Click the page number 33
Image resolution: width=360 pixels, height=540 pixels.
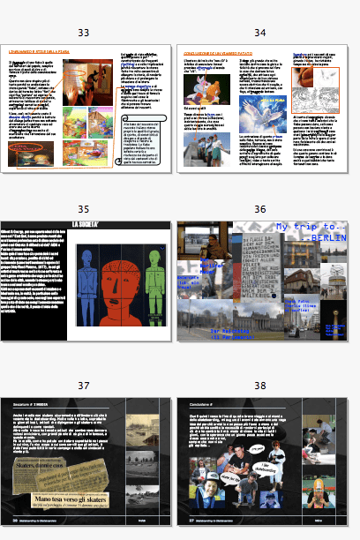pyautogui.click(x=84, y=33)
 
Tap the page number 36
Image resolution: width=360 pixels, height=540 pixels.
pyautogui.click(x=259, y=209)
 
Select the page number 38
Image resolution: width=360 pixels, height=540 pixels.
pyautogui.click(x=259, y=386)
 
